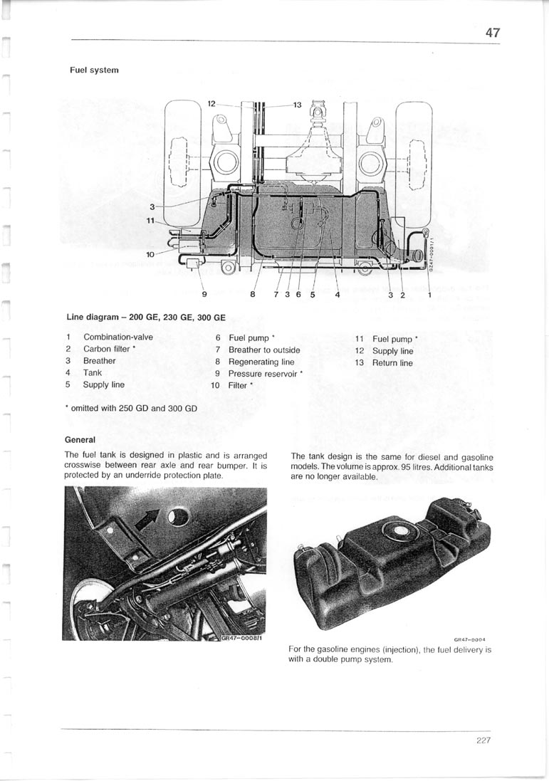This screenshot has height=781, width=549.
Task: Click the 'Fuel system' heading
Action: tap(94, 70)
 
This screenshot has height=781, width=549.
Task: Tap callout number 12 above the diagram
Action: tap(212, 104)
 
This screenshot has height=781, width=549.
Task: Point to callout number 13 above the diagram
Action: tap(298, 105)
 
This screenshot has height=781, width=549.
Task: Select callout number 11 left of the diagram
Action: tap(150, 221)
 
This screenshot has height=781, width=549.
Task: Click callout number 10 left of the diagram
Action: tap(150, 253)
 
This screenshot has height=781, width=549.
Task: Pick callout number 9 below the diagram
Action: tap(204, 294)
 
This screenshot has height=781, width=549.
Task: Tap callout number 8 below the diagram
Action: tap(252, 294)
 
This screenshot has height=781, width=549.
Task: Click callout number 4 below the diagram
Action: tap(337, 294)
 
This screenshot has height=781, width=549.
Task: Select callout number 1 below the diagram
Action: tap(429, 294)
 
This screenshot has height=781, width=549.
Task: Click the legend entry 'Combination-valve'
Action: tap(118, 337)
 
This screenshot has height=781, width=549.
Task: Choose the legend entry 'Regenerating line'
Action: tap(261, 362)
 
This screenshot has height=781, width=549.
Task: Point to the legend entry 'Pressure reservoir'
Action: tap(263, 374)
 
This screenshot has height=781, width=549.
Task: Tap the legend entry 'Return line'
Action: tap(392, 363)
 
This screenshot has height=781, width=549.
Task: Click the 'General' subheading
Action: tap(80, 440)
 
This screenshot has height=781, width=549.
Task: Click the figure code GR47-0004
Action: tap(469, 639)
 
